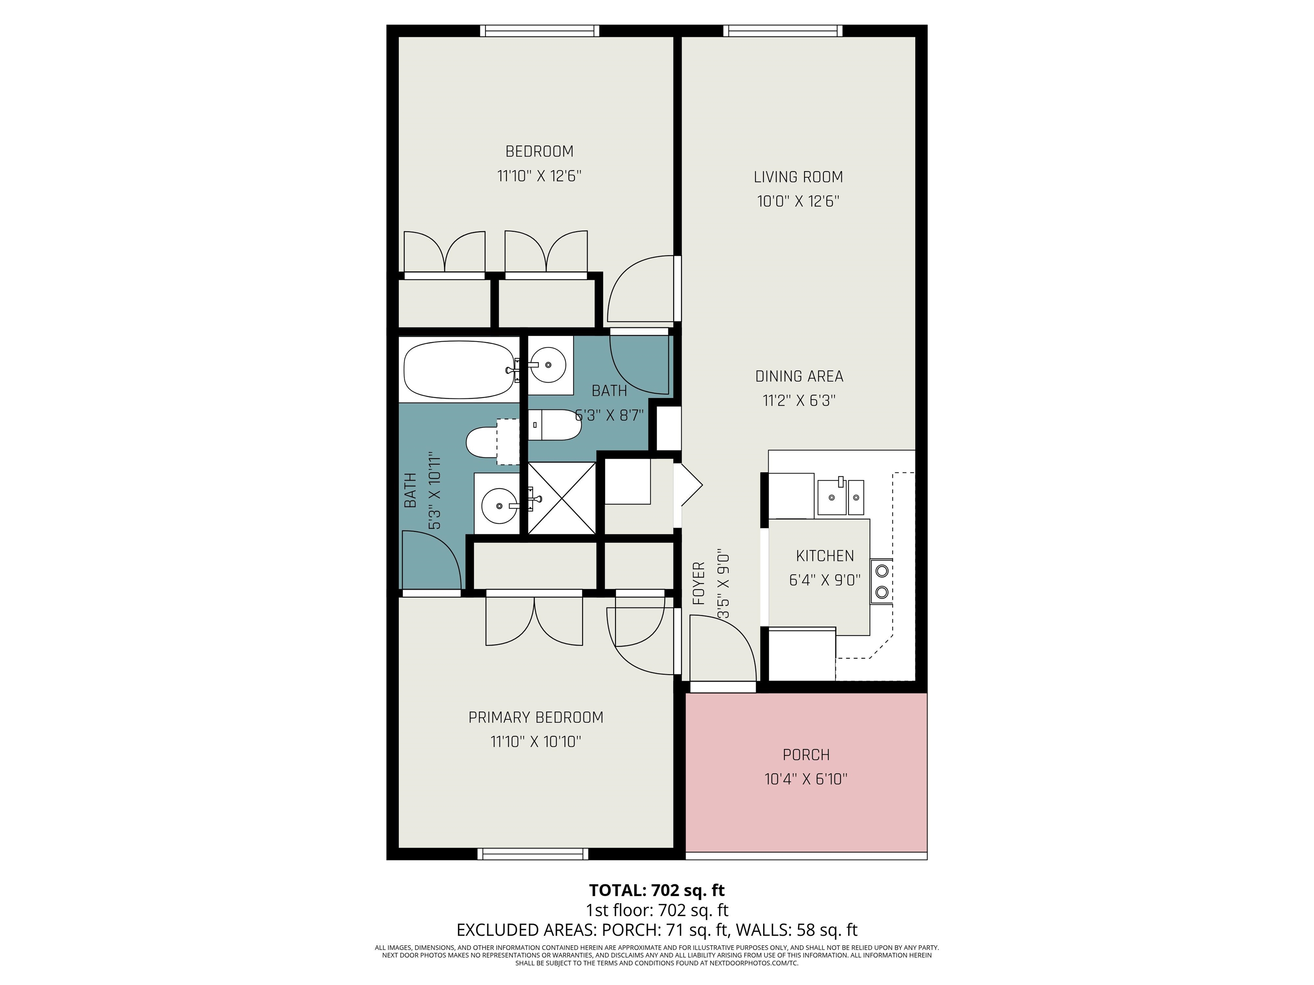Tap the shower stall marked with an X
click(x=561, y=498)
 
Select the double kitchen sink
click(x=840, y=496)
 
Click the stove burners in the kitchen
click(x=882, y=581)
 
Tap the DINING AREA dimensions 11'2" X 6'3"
click(x=799, y=401)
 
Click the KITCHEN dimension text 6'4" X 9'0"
click(x=825, y=580)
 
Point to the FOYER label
click(x=699, y=584)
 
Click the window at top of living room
click(x=782, y=31)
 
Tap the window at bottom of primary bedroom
click(x=533, y=854)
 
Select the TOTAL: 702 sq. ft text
click(x=657, y=891)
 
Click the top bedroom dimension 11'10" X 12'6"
click(x=539, y=176)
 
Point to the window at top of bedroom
click(x=539, y=31)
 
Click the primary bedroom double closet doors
click(x=534, y=620)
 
